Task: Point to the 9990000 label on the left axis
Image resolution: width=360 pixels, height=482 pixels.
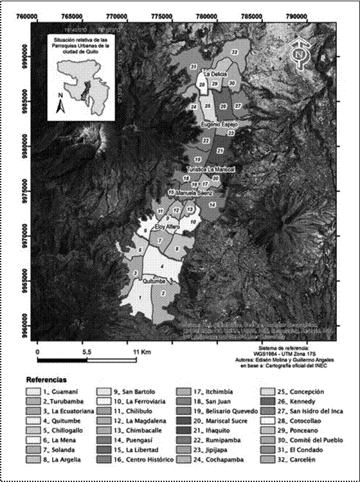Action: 24,55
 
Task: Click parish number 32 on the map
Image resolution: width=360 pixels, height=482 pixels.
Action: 235,52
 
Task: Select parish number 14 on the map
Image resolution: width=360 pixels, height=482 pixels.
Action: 212,204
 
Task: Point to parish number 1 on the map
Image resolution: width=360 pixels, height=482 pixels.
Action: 139,298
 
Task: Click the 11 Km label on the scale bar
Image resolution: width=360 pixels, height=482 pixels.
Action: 141,353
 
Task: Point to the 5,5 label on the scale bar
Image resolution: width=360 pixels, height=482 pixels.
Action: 88,353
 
